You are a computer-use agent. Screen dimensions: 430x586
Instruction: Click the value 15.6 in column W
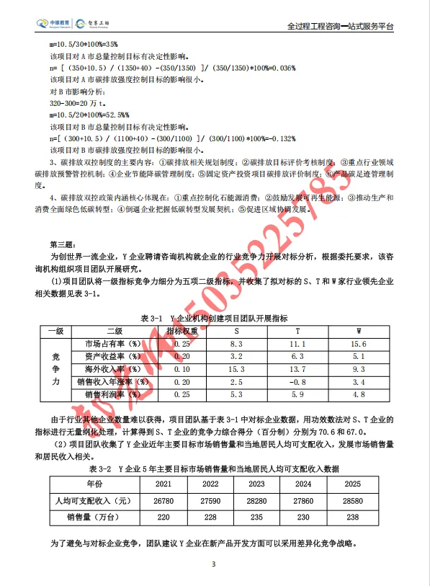point(358,345)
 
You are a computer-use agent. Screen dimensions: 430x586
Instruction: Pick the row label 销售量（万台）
point(91,517)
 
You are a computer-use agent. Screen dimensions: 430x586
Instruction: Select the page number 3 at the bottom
point(214,564)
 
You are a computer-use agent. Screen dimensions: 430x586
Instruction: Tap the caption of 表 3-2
point(214,468)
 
